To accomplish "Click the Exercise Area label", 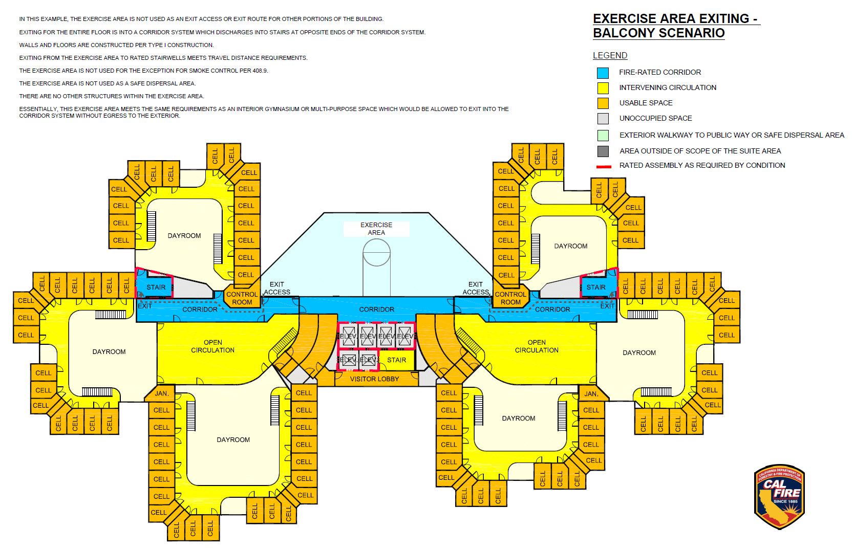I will [376, 229].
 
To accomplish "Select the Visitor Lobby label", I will [374, 379].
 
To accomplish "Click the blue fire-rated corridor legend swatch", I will [603, 73].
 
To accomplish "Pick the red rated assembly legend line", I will [604, 166].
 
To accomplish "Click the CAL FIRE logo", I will [779, 497].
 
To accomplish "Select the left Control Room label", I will [242, 298].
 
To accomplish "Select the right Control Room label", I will [510, 298].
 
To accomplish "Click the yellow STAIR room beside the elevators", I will [396, 360].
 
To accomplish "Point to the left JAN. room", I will [161, 393].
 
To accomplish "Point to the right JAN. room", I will [591, 393].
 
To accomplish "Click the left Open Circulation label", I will [213, 346].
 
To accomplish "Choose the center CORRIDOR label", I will [376, 310].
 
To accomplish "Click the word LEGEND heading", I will [610, 55].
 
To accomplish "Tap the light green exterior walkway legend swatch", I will [603, 136].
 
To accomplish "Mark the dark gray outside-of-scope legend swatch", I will [603, 151].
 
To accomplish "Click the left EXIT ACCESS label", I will [277, 288].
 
